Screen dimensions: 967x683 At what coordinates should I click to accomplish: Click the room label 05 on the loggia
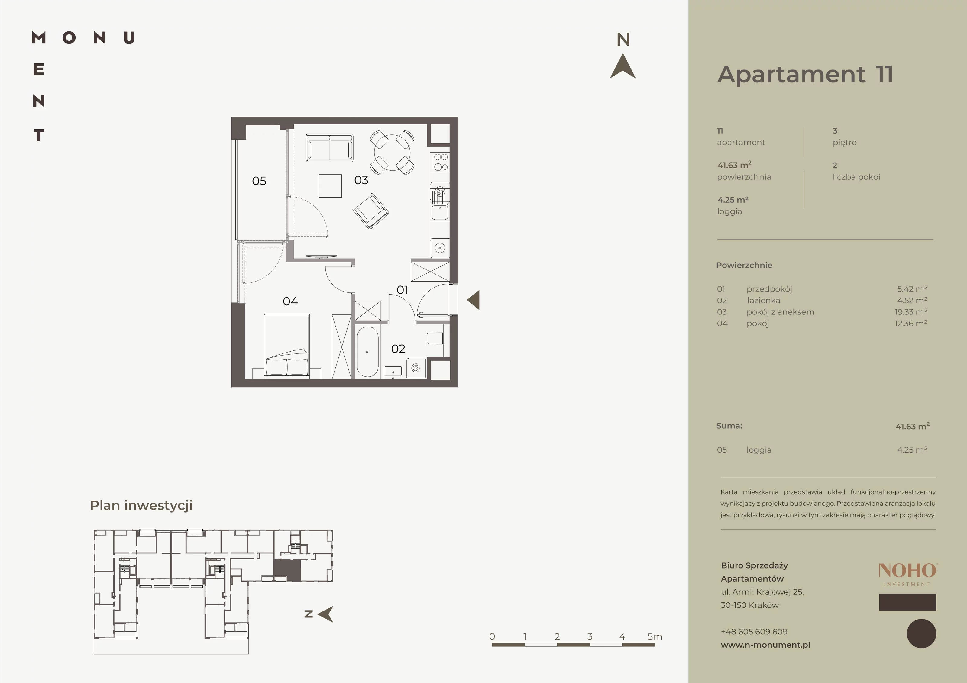click(259, 181)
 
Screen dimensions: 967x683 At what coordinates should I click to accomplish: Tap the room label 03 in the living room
click(361, 180)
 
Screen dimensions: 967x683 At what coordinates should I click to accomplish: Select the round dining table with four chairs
click(392, 152)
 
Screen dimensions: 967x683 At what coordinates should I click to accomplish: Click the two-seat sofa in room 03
click(329, 147)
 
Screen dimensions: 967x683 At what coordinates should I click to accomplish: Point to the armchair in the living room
click(370, 211)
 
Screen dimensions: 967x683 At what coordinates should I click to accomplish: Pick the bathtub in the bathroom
click(367, 352)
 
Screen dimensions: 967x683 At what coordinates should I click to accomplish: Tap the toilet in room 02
click(435, 339)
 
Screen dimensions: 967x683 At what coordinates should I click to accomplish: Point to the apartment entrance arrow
click(474, 300)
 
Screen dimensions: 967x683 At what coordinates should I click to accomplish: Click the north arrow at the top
click(623, 66)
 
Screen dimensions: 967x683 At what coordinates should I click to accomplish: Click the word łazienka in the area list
click(763, 301)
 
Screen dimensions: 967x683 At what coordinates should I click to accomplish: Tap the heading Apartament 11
click(805, 75)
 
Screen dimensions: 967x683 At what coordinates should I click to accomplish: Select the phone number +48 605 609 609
click(754, 632)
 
